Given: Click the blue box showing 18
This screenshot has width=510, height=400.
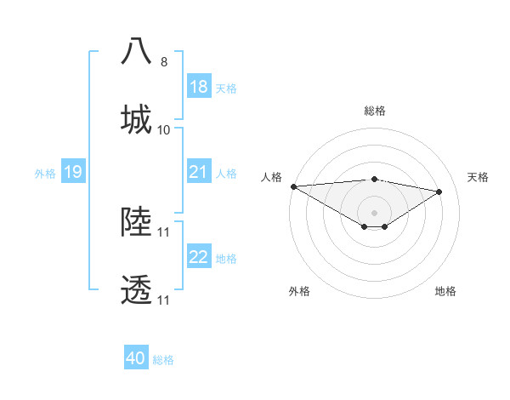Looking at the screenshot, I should pyautogui.click(x=199, y=87).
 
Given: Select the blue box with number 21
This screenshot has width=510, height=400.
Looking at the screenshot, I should pyautogui.click(x=199, y=173).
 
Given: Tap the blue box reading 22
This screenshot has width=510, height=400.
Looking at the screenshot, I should pyautogui.click(x=199, y=257).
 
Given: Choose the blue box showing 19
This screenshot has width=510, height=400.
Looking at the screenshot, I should pyautogui.click(x=73, y=173).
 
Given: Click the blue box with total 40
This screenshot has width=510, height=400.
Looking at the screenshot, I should pyautogui.click(x=136, y=358).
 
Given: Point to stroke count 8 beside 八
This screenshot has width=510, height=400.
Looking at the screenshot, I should pyautogui.click(x=164, y=62).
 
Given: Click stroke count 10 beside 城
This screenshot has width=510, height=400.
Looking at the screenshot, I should pyautogui.click(x=164, y=130).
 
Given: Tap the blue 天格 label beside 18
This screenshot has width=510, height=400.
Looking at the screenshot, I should pyautogui.click(x=226, y=89).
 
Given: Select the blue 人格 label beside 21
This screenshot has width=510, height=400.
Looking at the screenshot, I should pyautogui.click(x=226, y=174).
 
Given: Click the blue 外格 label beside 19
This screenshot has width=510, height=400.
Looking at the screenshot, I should pyautogui.click(x=45, y=174).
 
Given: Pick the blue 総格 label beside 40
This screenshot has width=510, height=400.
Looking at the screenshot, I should pyautogui.click(x=163, y=360).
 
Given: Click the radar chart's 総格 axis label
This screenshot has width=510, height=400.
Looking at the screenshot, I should pyautogui.click(x=375, y=111).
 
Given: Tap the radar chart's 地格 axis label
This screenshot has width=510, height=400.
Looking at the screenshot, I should pyautogui.click(x=445, y=291).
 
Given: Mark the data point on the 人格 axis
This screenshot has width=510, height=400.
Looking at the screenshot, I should pyautogui.click(x=293, y=186).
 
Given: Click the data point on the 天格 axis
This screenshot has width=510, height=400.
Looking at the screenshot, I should pyautogui.click(x=439, y=191).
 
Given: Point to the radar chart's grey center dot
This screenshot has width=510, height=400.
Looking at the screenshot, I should pyautogui.click(x=375, y=212).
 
